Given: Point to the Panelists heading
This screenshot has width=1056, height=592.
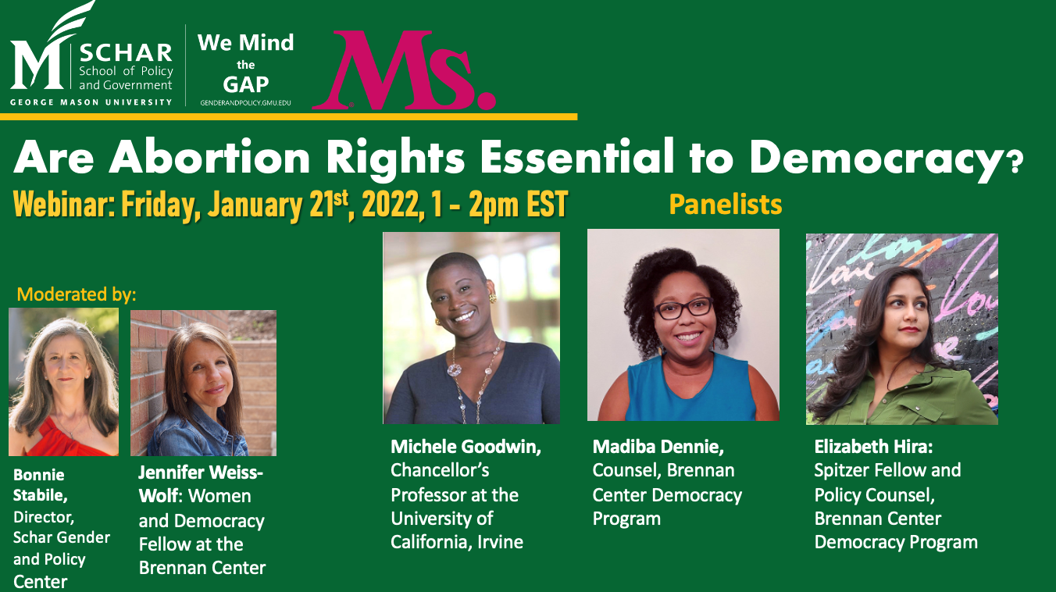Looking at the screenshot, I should coord(726,205).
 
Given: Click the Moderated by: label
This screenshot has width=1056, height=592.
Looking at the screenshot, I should coord(77,294).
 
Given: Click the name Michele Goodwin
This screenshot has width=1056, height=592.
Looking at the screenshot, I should coord(466,447).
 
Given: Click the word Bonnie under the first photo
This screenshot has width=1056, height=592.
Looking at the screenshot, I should coord(39,475).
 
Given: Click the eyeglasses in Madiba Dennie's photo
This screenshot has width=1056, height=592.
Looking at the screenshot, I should coord(683,308).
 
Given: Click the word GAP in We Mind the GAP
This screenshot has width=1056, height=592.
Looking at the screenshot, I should coord(245,84).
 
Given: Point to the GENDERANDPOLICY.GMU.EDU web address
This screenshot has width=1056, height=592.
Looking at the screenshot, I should coord(245,103).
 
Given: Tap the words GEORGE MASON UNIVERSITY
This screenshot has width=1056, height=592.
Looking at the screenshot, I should coord(91,102).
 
